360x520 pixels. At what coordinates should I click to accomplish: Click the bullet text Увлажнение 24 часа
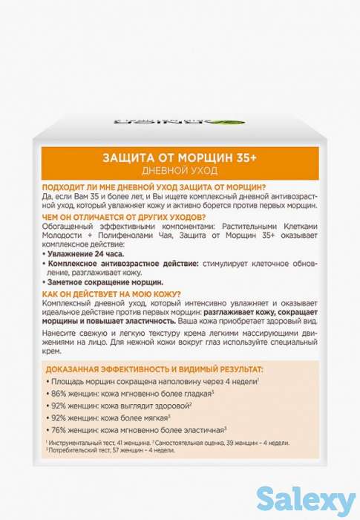click(x=82, y=254)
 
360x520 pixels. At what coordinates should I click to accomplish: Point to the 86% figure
click(x=60, y=393)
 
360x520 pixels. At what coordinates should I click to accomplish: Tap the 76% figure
click(x=60, y=430)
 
